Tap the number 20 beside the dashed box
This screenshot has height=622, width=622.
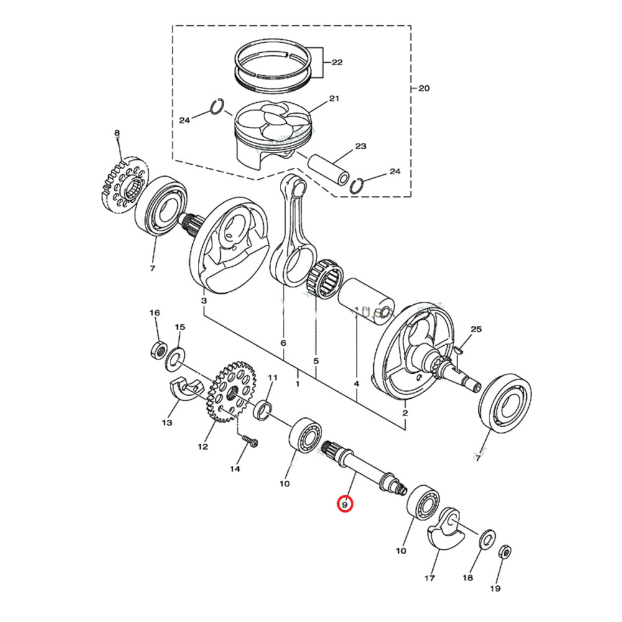423,88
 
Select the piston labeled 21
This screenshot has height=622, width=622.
272,132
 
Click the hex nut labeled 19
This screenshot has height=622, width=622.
506,551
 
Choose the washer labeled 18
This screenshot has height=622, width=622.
486,538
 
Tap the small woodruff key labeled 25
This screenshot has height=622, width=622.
460,351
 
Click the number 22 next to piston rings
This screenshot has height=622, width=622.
337,63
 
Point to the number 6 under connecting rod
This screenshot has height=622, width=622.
284,343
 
